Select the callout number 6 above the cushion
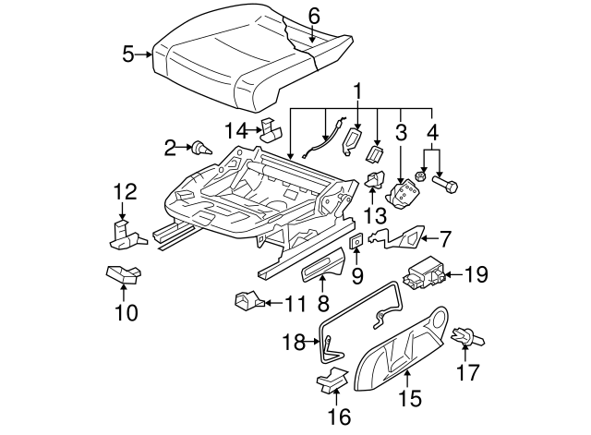(x=314, y=16)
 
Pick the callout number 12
(x=125, y=192)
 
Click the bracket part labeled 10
(x=122, y=274)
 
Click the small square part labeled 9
(x=356, y=242)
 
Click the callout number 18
(x=293, y=343)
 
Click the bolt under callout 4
(x=450, y=186)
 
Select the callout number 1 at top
(x=356, y=92)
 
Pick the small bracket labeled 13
(x=376, y=182)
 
